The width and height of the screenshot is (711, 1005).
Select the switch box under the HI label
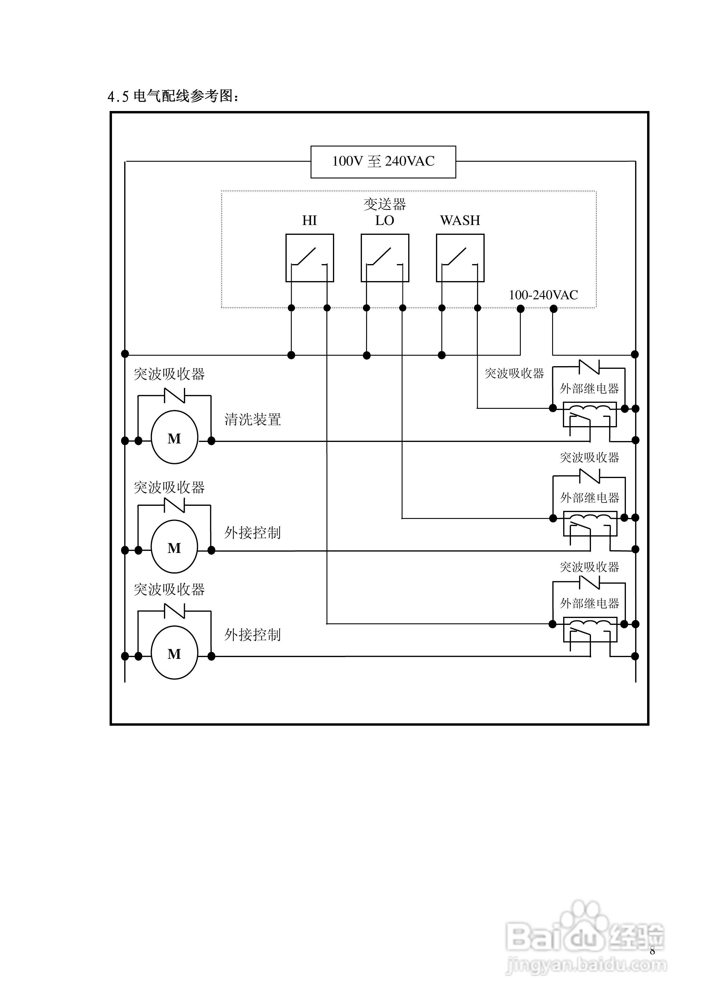[x=309, y=258]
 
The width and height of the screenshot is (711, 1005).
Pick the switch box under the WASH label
[x=460, y=258]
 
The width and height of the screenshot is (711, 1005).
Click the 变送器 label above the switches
[x=385, y=204]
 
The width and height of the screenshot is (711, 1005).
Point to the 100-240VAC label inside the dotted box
[x=543, y=295]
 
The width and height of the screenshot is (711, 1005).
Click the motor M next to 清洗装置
[x=174, y=437]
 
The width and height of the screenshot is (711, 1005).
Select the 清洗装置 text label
[x=252, y=419]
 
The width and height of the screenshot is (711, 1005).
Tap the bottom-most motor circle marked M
[x=174, y=653]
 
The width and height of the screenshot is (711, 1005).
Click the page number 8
[x=652, y=950]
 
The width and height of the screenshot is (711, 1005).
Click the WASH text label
[x=460, y=220]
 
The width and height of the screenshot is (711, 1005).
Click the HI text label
[x=309, y=220]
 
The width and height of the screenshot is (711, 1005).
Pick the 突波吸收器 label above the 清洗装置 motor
[x=169, y=374]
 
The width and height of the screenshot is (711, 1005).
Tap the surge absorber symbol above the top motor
[x=174, y=395]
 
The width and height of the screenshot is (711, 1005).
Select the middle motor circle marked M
[x=174, y=547]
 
